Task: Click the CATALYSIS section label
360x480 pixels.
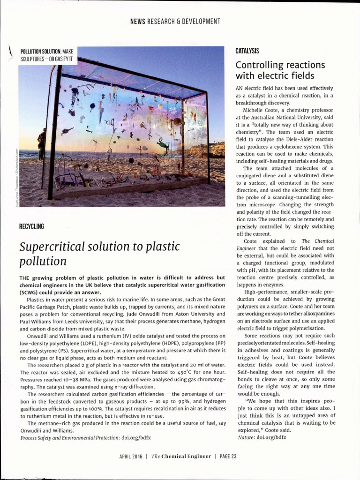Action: (x=247, y=51)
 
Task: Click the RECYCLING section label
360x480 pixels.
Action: (x=31, y=226)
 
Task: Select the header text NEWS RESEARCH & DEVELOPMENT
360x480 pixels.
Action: (x=175, y=21)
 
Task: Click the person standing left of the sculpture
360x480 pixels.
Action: (x=42, y=143)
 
